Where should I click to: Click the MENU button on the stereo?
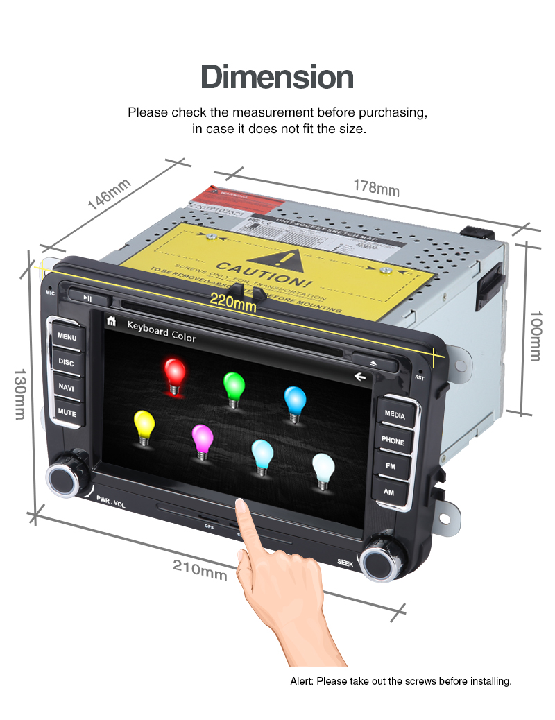(x=67, y=337)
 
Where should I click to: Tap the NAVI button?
(x=67, y=387)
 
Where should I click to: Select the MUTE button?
(x=67, y=412)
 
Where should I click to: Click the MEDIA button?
(x=395, y=415)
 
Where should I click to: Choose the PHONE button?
(x=393, y=440)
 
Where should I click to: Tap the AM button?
(x=389, y=491)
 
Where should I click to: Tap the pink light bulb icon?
(x=202, y=440)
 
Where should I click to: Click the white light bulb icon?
(x=323, y=470)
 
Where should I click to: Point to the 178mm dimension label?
(x=376, y=187)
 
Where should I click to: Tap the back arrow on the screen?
(x=359, y=377)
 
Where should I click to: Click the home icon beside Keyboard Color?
(x=111, y=321)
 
